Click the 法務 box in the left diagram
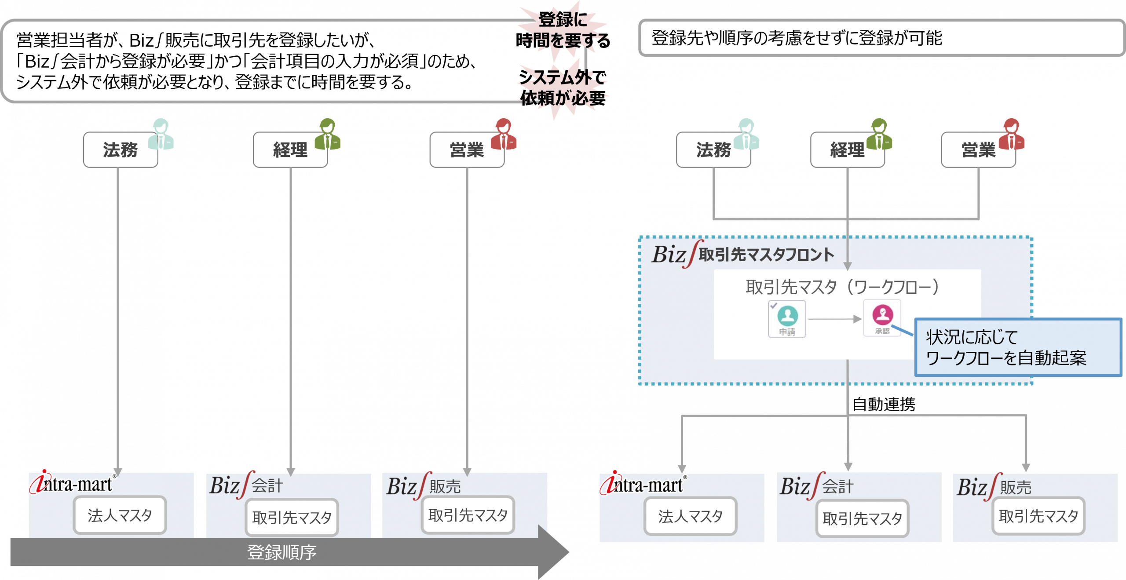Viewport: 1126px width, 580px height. (x=120, y=150)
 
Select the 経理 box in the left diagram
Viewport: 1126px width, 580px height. (x=290, y=150)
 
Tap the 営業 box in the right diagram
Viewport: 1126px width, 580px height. (x=978, y=150)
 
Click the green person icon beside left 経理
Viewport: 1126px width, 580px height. (x=328, y=134)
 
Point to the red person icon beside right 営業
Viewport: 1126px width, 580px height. (x=1012, y=134)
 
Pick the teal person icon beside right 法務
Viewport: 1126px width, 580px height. (x=746, y=134)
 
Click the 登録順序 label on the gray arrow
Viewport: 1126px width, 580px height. (x=282, y=552)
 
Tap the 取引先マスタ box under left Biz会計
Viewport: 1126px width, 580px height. (x=292, y=518)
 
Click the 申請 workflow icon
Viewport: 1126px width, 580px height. (x=787, y=319)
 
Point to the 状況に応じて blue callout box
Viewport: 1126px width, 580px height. (x=1018, y=347)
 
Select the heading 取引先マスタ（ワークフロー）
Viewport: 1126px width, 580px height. (x=842, y=287)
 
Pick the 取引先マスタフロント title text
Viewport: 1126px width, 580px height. (x=766, y=255)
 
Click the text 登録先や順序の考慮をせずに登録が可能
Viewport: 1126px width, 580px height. (x=797, y=38)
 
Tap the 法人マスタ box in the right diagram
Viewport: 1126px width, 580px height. (x=690, y=516)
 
